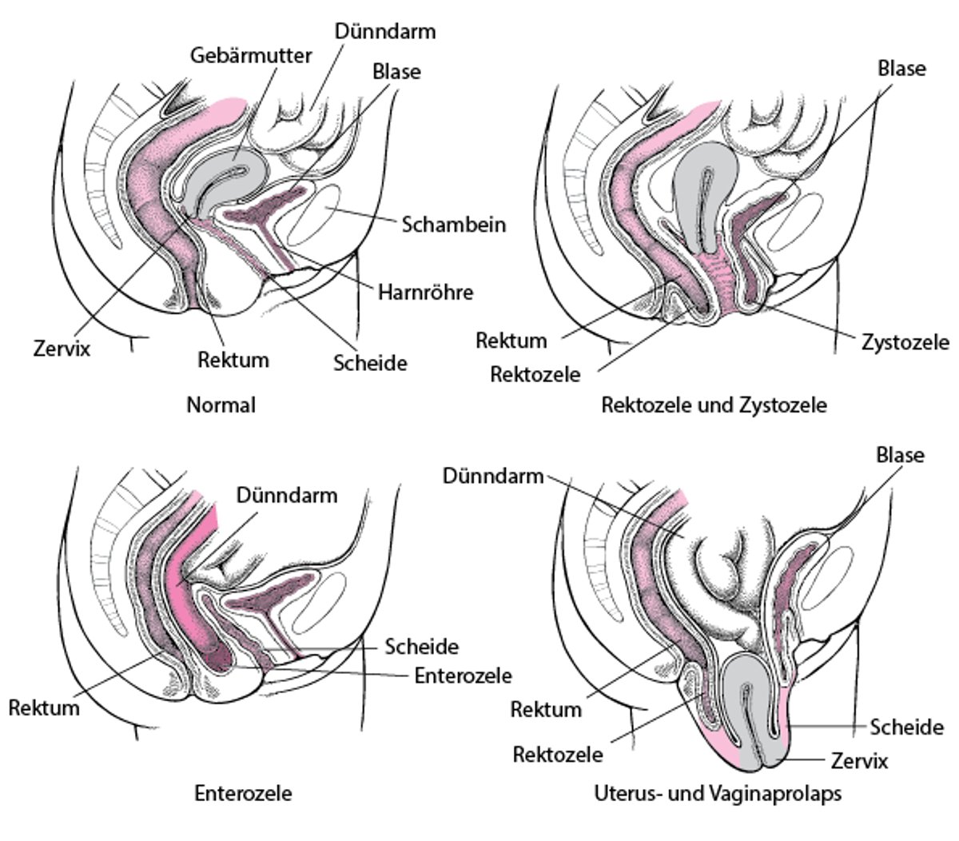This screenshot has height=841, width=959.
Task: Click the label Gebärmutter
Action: [x=251, y=55]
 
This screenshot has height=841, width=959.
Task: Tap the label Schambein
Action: [x=453, y=224]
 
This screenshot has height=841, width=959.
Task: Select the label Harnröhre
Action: [x=425, y=292]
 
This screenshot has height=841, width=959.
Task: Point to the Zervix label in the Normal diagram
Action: [x=62, y=349]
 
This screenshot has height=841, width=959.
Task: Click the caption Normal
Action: [x=221, y=405]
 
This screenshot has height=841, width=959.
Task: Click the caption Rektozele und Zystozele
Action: [x=714, y=405]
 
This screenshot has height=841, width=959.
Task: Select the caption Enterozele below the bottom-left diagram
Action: [x=243, y=793]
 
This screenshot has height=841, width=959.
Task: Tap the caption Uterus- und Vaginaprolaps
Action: [x=718, y=794]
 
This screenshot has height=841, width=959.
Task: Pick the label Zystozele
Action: [x=905, y=342]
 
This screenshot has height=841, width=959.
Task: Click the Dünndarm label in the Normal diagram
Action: [x=385, y=32]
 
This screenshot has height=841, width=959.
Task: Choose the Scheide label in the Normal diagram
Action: [x=370, y=363]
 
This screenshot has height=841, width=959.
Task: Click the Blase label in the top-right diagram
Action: [x=901, y=69]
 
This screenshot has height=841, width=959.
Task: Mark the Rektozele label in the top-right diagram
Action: [x=535, y=373]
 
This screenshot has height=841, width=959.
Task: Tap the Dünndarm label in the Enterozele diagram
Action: [x=287, y=495]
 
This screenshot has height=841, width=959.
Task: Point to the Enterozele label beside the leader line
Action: [x=463, y=676]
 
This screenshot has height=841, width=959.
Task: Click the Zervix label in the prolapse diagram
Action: [x=859, y=759]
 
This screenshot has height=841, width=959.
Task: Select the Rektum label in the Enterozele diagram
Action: [x=44, y=707]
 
